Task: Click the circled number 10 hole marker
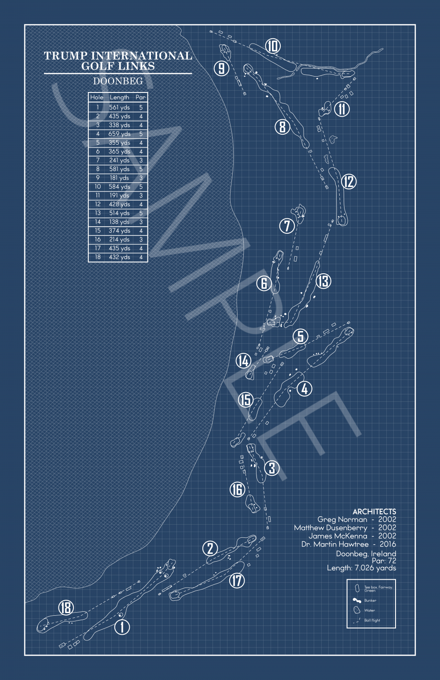click(x=273, y=46)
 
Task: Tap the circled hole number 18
click(x=66, y=608)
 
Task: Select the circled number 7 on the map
click(x=287, y=226)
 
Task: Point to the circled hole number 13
click(x=323, y=281)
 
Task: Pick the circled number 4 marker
click(x=304, y=389)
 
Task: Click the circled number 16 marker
click(x=237, y=489)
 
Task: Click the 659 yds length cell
click(x=119, y=134)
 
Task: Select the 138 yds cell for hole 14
click(x=119, y=222)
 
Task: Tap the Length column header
click(x=119, y=97)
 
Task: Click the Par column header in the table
click(x=140, y=97)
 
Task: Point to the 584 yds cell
click(x=119, y=187)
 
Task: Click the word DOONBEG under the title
click(x=118, y=81)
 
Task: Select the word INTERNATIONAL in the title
click(x=142, y=55)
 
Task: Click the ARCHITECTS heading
click(x=374, y=512)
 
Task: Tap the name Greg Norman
click(x=342, y=520)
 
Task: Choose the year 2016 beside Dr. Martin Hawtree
click(x=387, y=544)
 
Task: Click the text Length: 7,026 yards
click(x=361, y=568)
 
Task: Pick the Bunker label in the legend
click(x=370, y=600)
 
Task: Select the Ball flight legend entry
click(x=372, y=620)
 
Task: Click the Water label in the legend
click(x=370, y=610)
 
